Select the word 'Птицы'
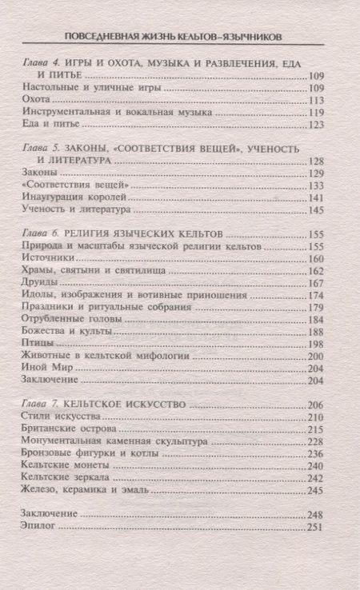36,343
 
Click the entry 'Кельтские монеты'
65,465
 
